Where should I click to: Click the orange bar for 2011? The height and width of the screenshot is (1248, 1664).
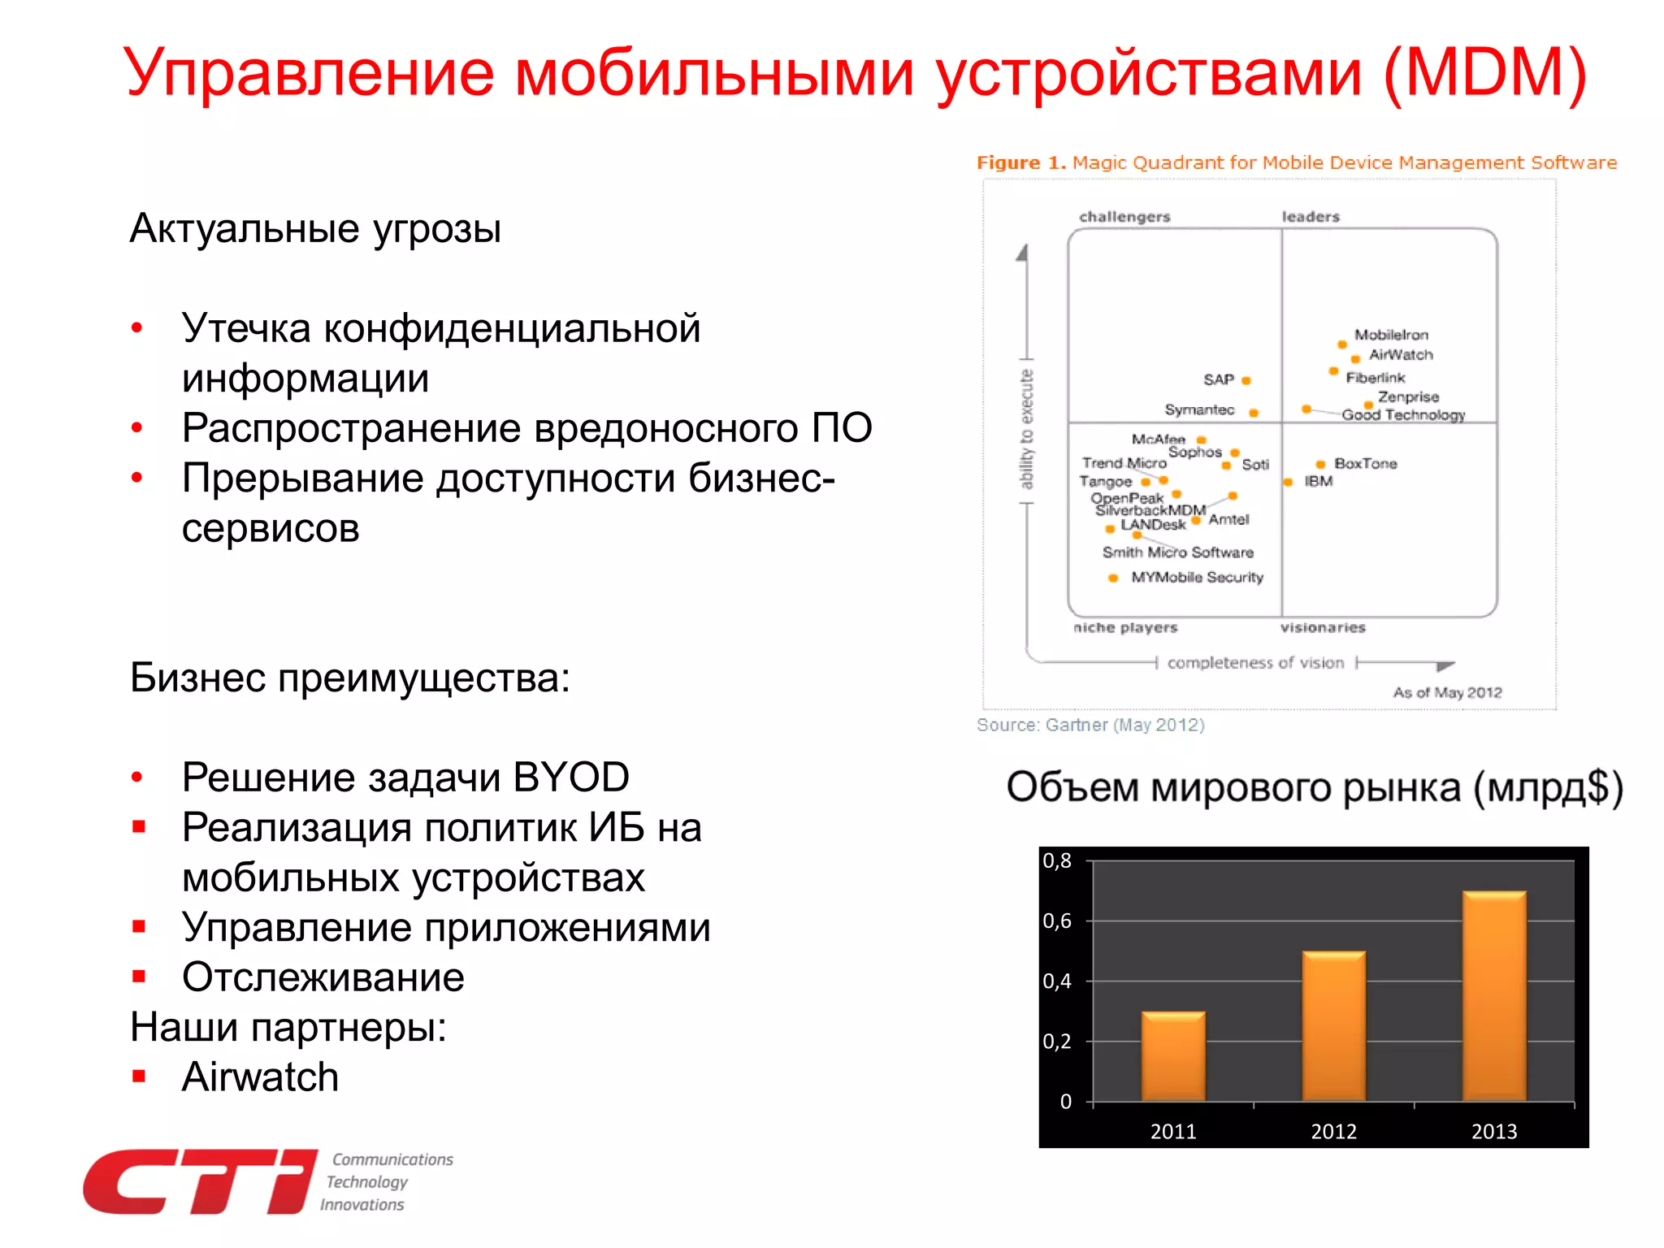click(x=1172, y=1056)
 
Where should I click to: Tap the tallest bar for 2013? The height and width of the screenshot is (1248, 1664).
click(x=1494, y=996)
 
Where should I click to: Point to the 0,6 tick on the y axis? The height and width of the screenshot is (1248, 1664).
click(x=1057, y=921)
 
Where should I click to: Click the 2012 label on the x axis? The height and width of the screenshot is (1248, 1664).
click(x=1333, y=1131)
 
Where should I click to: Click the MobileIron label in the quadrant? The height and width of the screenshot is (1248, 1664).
click(x=1390, y=335)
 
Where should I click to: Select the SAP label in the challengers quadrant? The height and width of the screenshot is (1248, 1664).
click(x=1218, y=379)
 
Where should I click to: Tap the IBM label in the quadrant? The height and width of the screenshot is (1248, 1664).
click(x=1318, y=481)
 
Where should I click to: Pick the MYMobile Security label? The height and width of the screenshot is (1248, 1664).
click(x=1197, y=577)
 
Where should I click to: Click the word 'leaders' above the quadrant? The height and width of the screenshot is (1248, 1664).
click(x=1310, y=217)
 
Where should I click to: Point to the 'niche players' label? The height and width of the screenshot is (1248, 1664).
click(x=1124, y=627)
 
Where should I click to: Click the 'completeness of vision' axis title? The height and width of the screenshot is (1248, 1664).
click(x=1255, y=663)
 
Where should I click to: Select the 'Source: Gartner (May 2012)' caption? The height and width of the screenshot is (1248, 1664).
click(x=1090, y=725)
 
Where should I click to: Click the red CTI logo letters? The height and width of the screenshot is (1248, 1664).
click(x=199, y=1182)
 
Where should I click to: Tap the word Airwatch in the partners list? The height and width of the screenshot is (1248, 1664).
click(x=260, y=1077)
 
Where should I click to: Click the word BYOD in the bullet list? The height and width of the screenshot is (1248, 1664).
click(x=571, y=778)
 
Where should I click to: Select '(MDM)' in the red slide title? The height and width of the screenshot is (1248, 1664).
click(x=1484, y=73)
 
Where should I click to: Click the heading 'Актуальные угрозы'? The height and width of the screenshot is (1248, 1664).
click(x=315, y=228)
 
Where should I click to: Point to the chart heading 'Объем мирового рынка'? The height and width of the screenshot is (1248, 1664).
click(x=1235, y=787)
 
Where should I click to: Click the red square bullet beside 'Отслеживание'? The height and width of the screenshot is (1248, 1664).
click(x=139, y=977)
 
